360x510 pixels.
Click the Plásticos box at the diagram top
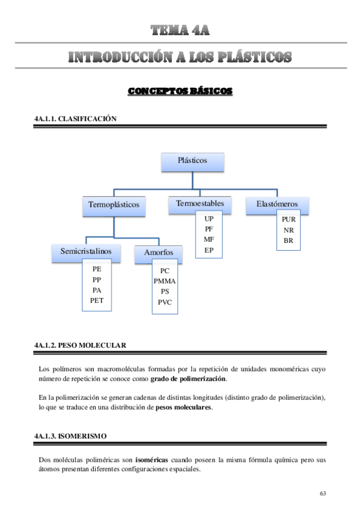coord(192,161)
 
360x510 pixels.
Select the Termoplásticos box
coord(114,205)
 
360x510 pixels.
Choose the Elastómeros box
coord(277,204)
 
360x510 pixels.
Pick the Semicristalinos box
coord(87,251)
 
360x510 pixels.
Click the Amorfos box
coord(159,253)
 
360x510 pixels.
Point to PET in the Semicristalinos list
coord(97,300)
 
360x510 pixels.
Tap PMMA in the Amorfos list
coord(165,281)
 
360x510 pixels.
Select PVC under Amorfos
coord(165,303)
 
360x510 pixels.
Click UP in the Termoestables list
coord(209,219)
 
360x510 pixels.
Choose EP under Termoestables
coord(209,250)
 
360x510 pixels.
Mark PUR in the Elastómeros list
coord(288,220)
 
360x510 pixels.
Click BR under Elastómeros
coord(288,241)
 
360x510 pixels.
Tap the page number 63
coord(323,493)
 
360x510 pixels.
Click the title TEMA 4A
coord(180,30)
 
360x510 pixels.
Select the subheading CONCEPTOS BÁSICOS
coord(180,91)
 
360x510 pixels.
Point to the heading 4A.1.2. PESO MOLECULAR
coord(81,345)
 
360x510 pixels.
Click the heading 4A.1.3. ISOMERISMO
coord(74,435)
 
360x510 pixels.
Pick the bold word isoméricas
coord(151,459)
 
